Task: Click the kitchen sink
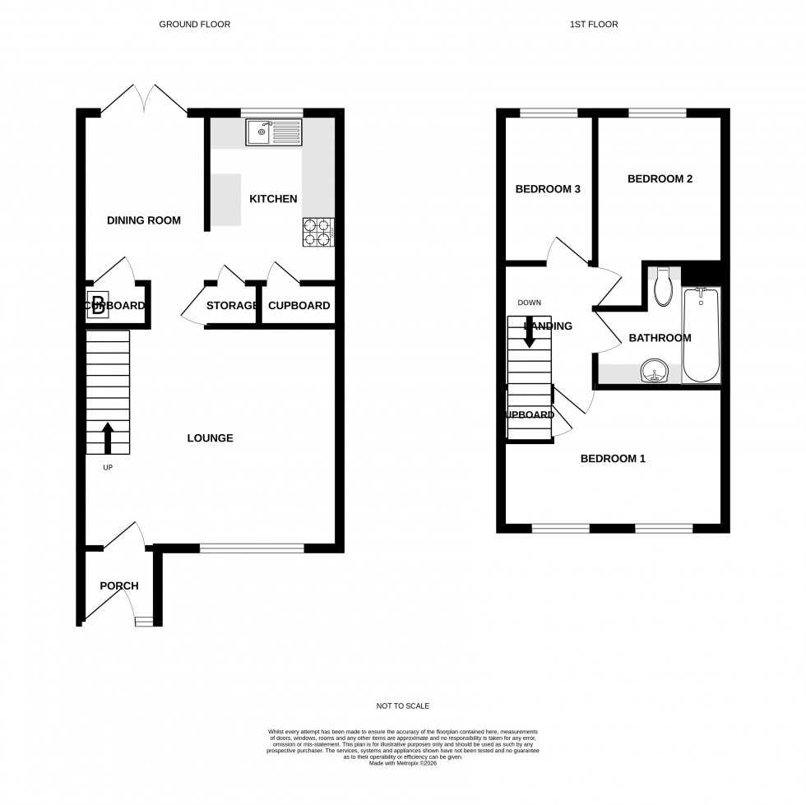tap(274, 131)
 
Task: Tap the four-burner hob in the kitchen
tap(319, 231)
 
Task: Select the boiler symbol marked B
tap(97, 306)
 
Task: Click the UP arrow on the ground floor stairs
tap(108, 438)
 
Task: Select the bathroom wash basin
tap(655, 372)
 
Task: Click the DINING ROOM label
tap(144, 220)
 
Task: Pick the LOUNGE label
tap(210, 438)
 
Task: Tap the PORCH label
tap(119, 586)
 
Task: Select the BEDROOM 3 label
tap(548, 189)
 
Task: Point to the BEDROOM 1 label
tap(613, 459)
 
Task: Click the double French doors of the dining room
tap(145, 100)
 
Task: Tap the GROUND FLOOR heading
tap(195, 25)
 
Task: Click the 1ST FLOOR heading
tap(594, 25)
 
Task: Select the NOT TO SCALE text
tap(402, 706)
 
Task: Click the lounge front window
tap(252, 548)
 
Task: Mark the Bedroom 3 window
tap(549, 113)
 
